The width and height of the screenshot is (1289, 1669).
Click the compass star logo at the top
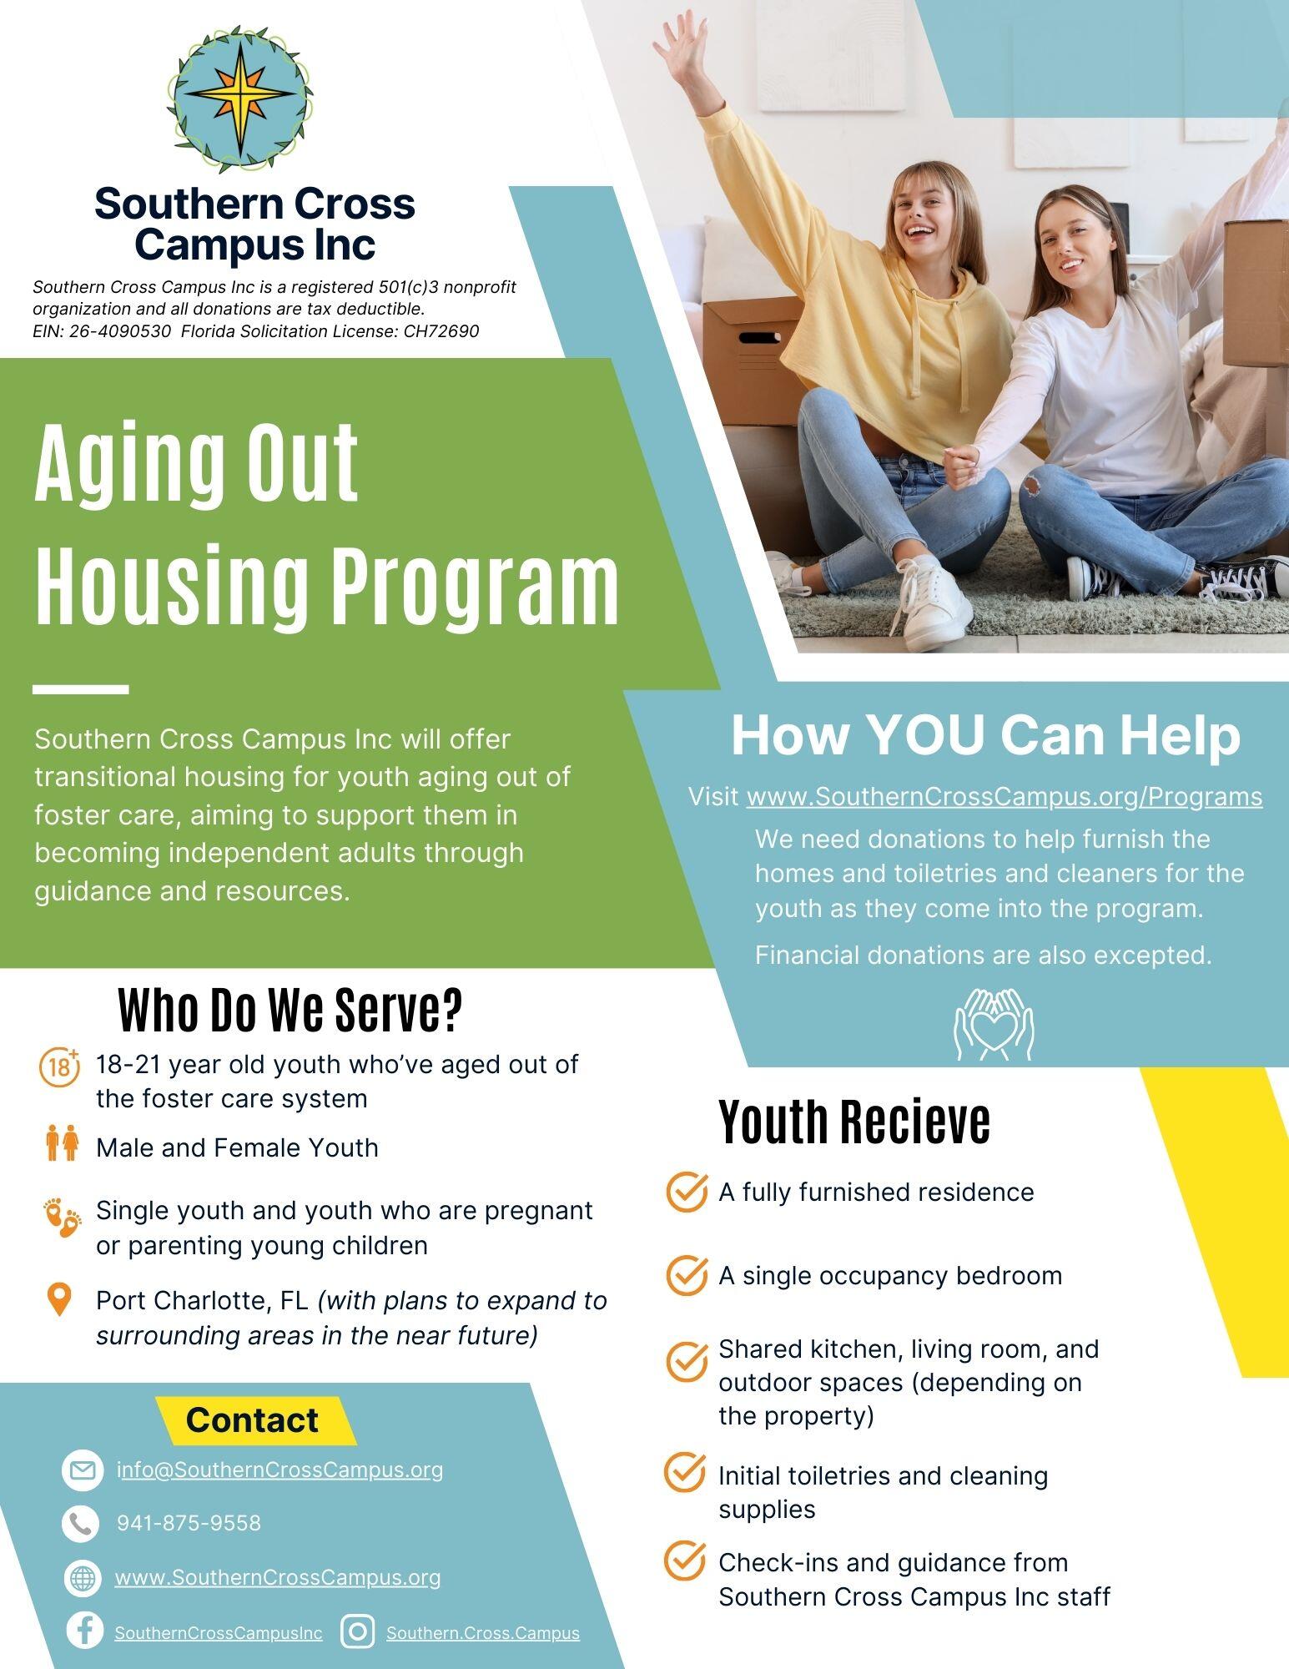[239, 98]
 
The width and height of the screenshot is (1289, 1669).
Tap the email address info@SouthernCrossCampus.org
[279, 1470]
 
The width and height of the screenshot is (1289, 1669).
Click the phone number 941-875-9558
[189, 1523]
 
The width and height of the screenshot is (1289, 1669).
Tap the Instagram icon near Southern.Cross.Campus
[358, 1631]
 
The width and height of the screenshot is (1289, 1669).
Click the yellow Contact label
[252, 1419]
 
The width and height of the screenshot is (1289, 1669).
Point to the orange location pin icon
[58, 1300]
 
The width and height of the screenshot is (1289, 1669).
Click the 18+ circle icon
[59, 1066]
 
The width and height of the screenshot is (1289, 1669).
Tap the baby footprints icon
[63, 1218]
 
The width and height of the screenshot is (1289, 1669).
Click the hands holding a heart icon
[994, 1024]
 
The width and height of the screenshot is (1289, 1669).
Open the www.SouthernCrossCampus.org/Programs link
[1004, 797]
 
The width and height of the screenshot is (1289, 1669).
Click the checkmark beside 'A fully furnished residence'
[687, 1192]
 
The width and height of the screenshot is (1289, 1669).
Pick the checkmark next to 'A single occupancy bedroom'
[687, 1275]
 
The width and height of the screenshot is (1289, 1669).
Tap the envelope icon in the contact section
[83, 1470]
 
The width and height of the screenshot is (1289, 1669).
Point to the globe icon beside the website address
[82, 1578]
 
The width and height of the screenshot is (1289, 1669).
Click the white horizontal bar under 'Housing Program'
[80, 689]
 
